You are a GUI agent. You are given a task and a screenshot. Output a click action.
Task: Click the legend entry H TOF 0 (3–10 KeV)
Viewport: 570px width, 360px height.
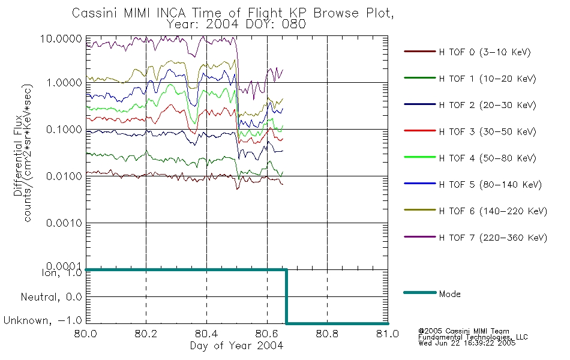467,52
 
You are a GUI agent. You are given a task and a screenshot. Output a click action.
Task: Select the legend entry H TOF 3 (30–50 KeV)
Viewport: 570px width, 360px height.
470,131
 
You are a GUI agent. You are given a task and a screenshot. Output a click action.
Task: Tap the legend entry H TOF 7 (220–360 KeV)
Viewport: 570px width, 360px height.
475,238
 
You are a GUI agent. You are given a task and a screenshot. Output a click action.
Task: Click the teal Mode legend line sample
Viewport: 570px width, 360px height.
420,292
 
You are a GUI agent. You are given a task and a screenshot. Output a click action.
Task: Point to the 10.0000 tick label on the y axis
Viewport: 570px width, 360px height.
61,38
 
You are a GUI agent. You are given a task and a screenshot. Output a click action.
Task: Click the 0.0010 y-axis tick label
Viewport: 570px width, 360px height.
64,223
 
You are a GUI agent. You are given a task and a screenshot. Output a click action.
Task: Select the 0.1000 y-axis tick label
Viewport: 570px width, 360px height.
64,130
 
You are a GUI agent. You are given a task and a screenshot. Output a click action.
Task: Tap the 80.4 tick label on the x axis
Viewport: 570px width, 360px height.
206,334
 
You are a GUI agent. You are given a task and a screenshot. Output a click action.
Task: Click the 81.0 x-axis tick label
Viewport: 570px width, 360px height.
388,334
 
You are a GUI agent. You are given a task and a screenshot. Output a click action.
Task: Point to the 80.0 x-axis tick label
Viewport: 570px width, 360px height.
85,334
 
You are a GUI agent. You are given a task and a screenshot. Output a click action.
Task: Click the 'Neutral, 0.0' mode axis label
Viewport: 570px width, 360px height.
51,298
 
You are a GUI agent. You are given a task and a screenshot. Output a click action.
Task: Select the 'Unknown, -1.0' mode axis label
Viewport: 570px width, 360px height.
43,320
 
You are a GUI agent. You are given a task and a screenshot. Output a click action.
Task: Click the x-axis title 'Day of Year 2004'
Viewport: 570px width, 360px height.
236,346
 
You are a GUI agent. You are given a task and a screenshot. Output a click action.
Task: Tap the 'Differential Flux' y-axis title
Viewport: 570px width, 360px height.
18,155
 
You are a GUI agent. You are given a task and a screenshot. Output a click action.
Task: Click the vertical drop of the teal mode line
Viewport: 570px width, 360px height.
286,296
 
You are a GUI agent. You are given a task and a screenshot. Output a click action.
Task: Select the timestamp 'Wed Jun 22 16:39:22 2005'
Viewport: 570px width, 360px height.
467,343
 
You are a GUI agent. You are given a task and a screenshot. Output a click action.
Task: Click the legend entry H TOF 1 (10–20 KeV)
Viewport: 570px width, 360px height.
470,79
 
